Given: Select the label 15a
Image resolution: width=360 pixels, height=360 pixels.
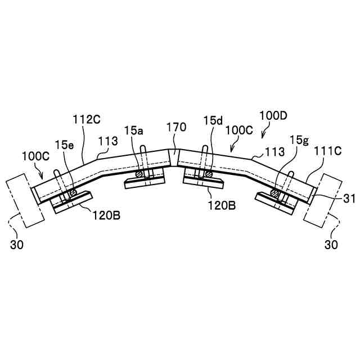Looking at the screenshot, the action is [134, 130].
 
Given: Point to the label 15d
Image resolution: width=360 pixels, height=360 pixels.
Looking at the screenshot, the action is [213, 120].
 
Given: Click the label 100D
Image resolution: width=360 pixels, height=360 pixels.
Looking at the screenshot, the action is [274, 116].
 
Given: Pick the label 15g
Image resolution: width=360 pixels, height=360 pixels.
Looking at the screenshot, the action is [299, 139].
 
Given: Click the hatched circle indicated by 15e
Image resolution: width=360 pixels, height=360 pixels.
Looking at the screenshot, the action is [72, 192].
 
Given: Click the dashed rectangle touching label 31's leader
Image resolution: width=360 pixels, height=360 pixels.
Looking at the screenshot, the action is [322, 199].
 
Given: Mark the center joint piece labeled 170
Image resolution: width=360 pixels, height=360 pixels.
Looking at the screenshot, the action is [174, 156].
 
